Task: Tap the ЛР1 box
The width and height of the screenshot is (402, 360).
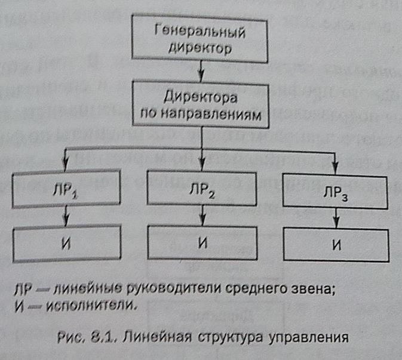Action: click(x=70, y=190)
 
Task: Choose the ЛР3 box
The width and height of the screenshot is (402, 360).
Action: click(x=336, y=193)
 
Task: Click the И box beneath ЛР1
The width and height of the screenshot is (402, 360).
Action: click(x=70, y=243)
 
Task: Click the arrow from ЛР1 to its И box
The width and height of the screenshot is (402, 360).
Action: click(x=70, y=219)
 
